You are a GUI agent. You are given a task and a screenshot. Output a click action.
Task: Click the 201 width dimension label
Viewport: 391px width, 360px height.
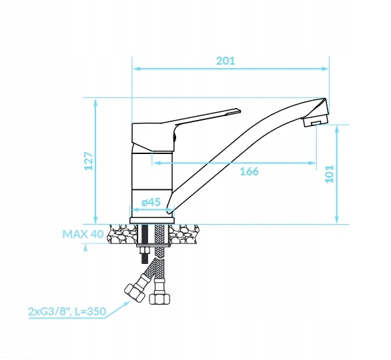226,61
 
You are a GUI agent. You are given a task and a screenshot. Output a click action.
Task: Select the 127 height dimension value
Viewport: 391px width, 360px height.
89,161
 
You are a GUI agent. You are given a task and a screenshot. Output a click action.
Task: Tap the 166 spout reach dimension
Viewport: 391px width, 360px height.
249,171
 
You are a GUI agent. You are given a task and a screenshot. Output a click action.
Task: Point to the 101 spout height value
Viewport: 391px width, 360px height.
330,174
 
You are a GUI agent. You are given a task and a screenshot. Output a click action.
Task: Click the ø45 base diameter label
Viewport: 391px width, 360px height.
151,202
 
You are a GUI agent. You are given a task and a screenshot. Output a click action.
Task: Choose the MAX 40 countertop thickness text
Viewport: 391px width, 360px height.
83,234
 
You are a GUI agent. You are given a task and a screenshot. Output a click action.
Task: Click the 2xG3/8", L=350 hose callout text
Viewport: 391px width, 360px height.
67,311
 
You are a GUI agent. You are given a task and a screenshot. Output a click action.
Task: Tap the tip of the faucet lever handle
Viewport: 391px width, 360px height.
240,111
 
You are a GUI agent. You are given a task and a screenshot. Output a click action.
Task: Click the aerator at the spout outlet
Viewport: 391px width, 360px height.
316,121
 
